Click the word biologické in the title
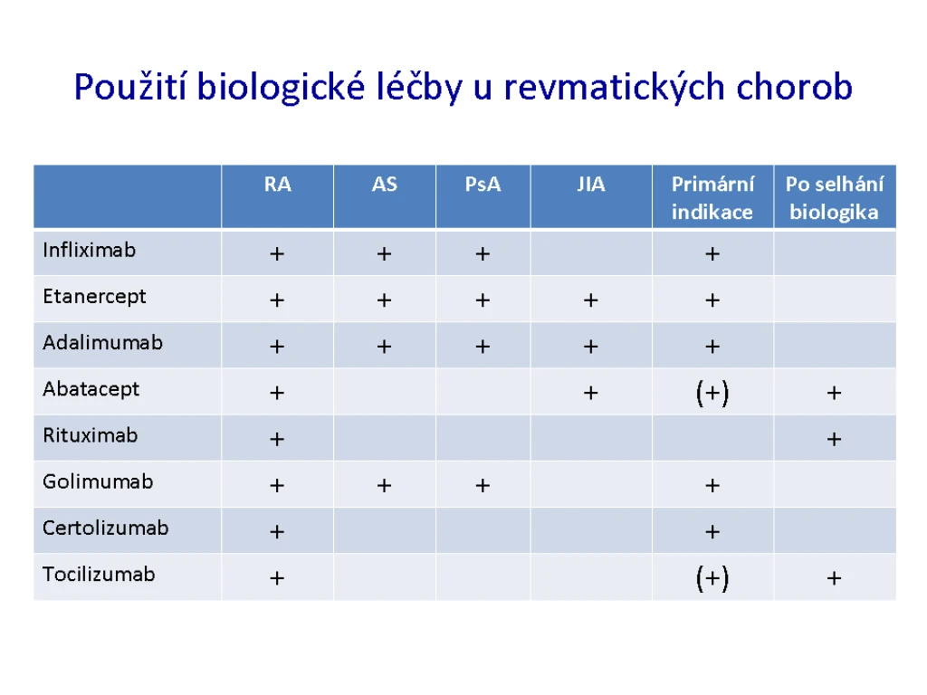point(281,88)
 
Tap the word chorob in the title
point(794,87)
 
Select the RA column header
point(277,185)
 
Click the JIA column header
point(590,185)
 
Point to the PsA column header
point(483,185)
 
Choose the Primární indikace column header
point(712,198)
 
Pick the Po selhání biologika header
point(834,198)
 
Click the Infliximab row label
point(90,250)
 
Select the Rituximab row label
point(91,435)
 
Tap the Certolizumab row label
point(106,528)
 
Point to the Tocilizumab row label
point(99,574)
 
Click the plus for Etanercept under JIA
point(590,300)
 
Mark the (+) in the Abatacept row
point(712,393)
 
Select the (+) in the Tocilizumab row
point(712,578)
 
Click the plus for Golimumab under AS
point(384,486)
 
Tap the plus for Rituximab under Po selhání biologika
point(834,439)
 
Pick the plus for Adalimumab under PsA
point(483,347)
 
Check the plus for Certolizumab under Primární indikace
point(712,532)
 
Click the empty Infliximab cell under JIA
point(591,253)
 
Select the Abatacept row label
point(91,389)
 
